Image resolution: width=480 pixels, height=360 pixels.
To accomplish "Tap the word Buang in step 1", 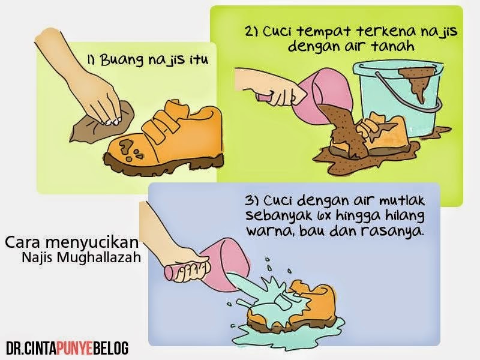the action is click(x=122, y=60).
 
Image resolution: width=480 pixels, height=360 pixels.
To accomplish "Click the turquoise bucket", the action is click(x=398, y=98).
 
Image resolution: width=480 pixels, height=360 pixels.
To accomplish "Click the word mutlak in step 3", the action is click(x=401, y=201).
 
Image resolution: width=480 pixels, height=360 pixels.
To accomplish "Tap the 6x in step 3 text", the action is click(x=324, y=216).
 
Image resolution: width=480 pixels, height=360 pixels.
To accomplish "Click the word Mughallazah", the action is click(x=98, y=258).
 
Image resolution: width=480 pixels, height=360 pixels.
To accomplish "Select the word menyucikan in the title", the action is click(x=92, y=242).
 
